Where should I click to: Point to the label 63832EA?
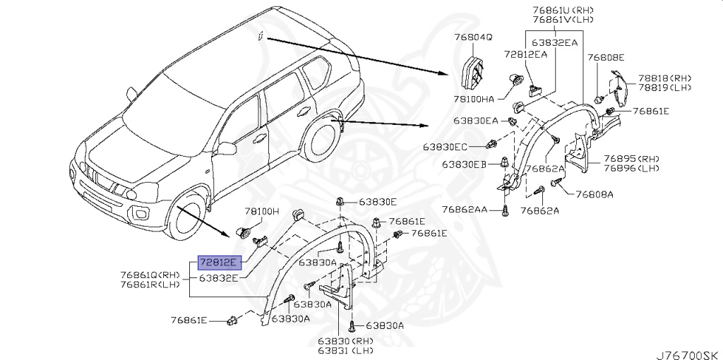point(554,42)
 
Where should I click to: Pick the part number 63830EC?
point(446,147)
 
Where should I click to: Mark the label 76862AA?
point(465,210)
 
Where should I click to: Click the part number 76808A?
point(594,194)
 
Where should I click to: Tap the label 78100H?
point(263,211)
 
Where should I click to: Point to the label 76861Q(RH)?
point(150,275)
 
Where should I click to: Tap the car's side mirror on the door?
point(226,148)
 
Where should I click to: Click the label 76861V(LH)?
point(563,20)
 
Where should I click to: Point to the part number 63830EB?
point(465,164)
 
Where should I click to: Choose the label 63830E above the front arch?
point(378,201)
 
